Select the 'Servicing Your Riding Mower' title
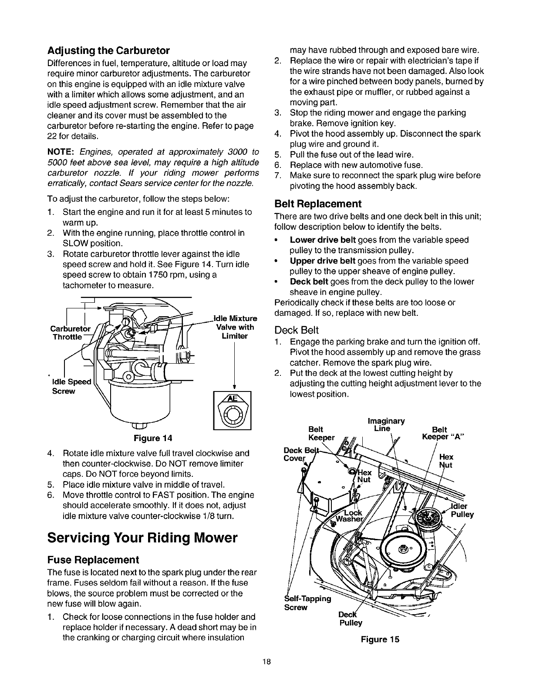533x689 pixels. (142, 538)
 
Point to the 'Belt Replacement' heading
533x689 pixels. (318, 204)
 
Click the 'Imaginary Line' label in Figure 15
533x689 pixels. (386, 425)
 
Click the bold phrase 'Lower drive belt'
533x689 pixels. (323, 240)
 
